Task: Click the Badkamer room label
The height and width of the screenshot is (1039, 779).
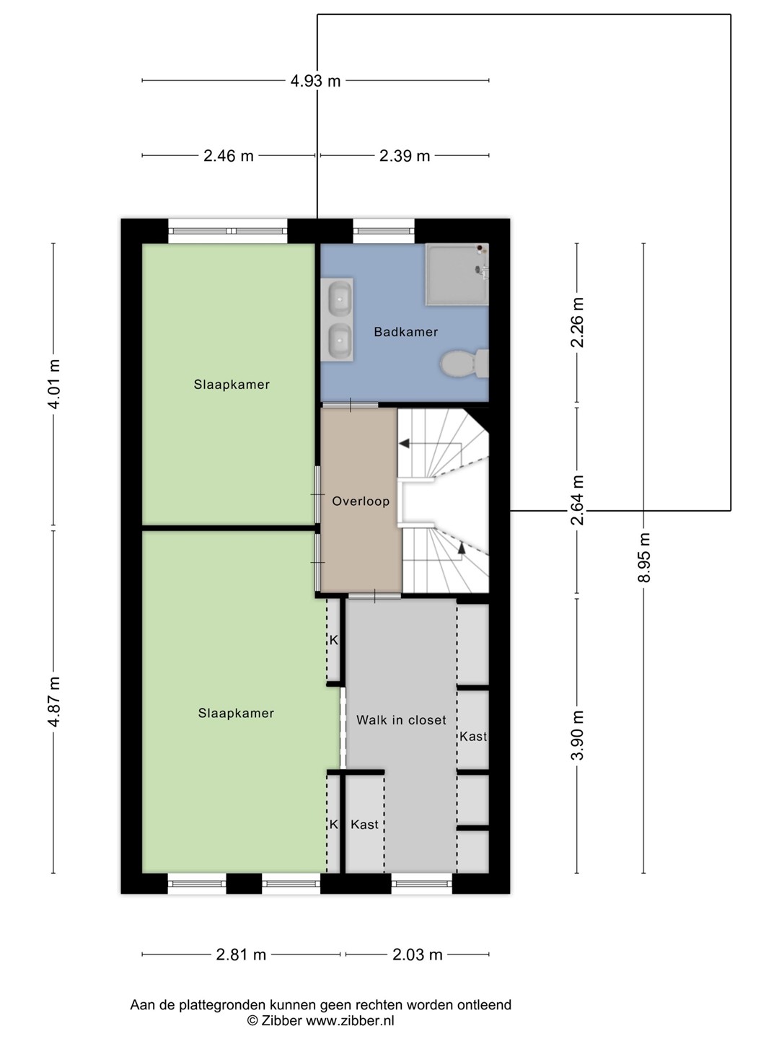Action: [405, 332]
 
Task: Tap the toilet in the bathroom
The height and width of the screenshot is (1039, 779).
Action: [465, 364]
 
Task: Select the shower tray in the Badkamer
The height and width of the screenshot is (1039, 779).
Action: [457, 275]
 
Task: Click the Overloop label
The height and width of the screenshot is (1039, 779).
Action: [361, 501]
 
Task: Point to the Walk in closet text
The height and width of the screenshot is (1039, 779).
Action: [401, 720]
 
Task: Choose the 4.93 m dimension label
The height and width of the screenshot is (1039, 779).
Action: [315, 82]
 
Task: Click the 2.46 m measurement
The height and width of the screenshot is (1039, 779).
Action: [229, 156]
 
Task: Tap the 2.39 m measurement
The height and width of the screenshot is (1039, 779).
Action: [405, 156]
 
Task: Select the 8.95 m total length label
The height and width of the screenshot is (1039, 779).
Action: [644, 557]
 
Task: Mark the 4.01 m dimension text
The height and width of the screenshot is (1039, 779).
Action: [54, 385]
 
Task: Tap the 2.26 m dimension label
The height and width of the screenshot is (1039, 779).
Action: [578, 323]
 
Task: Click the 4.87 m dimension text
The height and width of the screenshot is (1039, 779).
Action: [54, 702]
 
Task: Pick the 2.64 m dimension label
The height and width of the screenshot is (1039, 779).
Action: [578, 500]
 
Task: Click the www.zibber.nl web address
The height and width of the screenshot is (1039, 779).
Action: [350, 1019]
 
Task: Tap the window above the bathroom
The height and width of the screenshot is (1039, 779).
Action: [384, 231]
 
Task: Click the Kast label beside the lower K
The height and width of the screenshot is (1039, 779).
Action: [364, 825]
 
